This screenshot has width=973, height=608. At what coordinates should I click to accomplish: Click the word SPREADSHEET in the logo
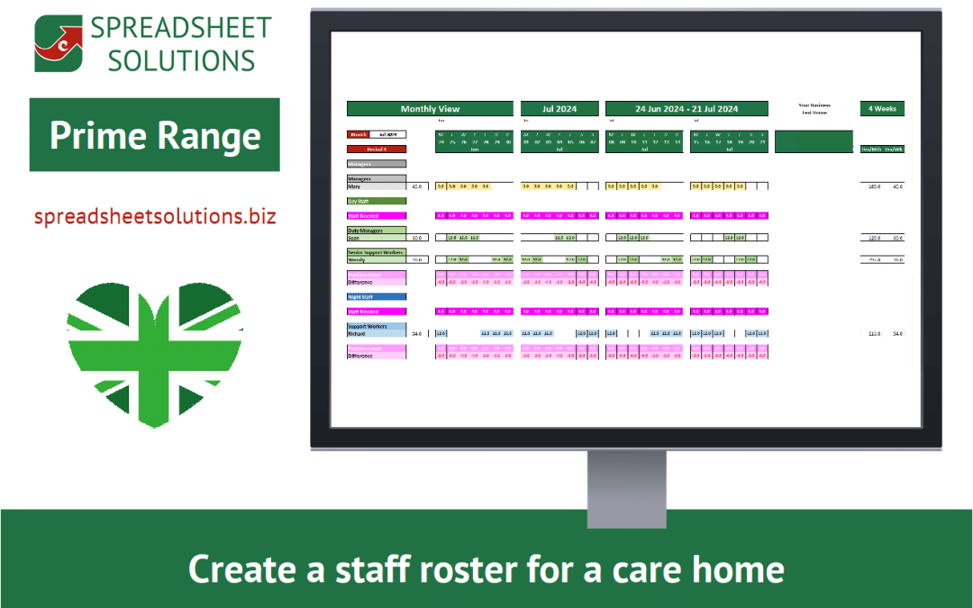coord(180,27)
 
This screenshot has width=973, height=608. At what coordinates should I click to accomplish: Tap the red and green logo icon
coord(58,43)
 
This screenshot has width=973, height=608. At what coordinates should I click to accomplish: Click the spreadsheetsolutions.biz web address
coord(155,217)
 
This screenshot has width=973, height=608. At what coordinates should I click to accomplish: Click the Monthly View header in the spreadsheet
coord(430,109)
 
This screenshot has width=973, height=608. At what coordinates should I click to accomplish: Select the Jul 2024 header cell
coord(559,109)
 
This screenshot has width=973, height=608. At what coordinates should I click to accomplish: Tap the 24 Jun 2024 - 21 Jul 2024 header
coord(687,109)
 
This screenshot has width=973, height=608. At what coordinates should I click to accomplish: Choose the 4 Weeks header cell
coord(881,109)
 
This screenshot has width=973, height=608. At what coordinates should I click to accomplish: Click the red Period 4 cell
coord(376,149)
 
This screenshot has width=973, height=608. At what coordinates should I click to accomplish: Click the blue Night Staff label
coord(363,296)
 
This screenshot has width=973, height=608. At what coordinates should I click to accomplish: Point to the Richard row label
coord(359,333)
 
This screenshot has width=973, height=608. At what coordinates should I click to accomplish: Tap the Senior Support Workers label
coord(377,252)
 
